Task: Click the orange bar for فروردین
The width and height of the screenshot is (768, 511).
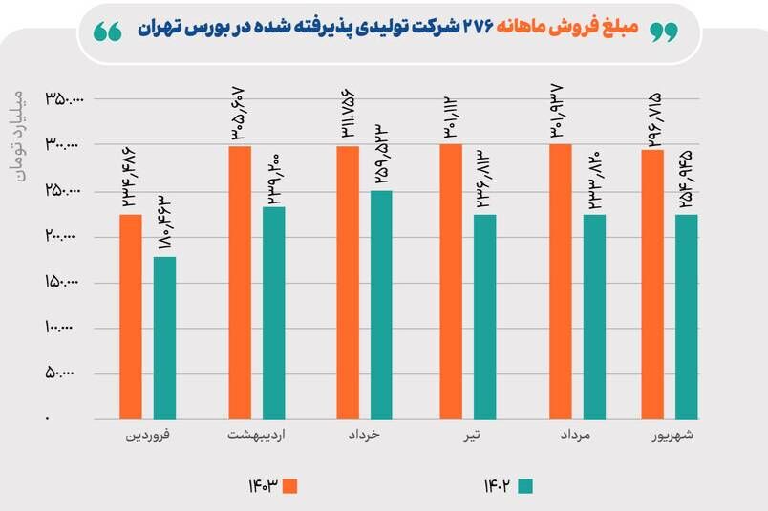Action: pyautogui.click(x=131, y=316)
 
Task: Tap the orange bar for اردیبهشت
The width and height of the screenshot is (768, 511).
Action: pyautogui.click(x=240, y=283)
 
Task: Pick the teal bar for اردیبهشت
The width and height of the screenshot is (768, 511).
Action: pyautogui.click(x=274, y=313)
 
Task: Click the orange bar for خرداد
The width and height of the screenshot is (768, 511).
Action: pyautogui.click(x=348, y=283)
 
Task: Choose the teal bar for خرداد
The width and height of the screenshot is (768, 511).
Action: pyautogui.click(x=381, y=305)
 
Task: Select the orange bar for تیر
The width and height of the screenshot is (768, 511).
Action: pyautogui.click(x=450, y=282)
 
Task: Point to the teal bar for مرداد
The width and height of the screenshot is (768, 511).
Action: pyautogui.click(x=594, y=316)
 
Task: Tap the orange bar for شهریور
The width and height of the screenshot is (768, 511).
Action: pyautogui.click(x=652, y=285)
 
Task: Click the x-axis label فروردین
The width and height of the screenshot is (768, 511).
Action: pyautogui.click(x=149, y=436)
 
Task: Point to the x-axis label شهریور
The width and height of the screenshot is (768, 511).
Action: pyautogui.click(x=672, y=436)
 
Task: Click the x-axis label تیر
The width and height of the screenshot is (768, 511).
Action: pyautogui.click(x=468, y=436)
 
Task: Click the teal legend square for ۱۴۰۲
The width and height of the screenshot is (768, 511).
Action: pyautogui.click(x=524, y=486)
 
